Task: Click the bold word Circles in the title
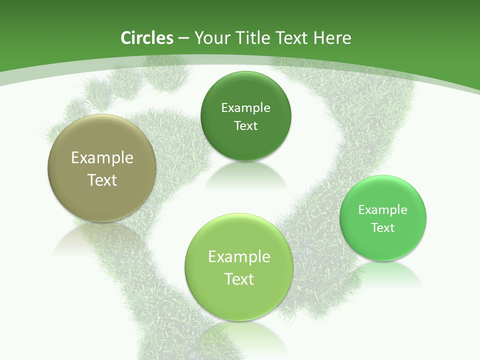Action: pyautogui.click(x=146, y=38)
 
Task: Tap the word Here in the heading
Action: pyautogui.click(x=332, y=38)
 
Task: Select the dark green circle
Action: pyautogui.click(x=245, y=145)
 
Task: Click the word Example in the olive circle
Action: pyautogui.click(x=102, y=158)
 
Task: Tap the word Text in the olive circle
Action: pyautogui.click(x=102, y=180)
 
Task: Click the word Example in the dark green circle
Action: pyautogui.click(x=245, y=108)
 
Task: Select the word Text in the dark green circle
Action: pyautogui.click(x=245, y=125)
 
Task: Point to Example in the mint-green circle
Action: pyautogui.click(x=383, y=210)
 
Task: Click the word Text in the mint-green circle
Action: pyautogui.click(x=383, y=228)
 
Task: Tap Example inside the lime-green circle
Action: pyautogui.click(x=239, y=257)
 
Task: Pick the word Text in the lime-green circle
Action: pyautogui.click(x=239, y=279)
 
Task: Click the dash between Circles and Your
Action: pyautogui.click(x=183, y=38)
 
